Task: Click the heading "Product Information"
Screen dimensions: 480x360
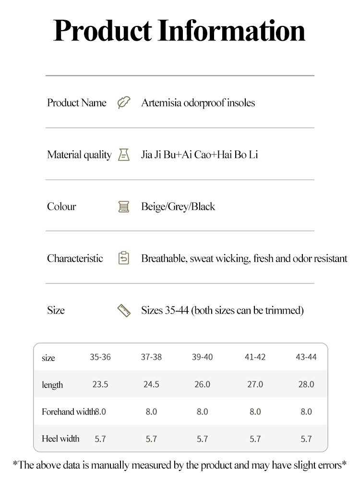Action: pyautogui.click(x=180, y=30)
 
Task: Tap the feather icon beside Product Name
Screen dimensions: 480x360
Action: pyautogui.click(x=124, y=103)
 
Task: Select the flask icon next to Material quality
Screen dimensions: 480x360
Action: pyautogui.click(x=124, y=155)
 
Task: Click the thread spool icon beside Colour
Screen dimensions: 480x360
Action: pyautogui.click(x=124, y=207)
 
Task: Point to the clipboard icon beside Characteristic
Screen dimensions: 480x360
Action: pyautogui.click(x=124, y=258)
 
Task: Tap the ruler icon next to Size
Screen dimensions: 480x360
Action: pyautogui.click(x=124, y=310)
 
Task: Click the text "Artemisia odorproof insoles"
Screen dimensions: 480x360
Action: pyautogui.click(x=198, y=103)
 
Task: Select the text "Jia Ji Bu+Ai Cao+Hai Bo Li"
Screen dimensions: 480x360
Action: pyautogui.click(x=199, y=155)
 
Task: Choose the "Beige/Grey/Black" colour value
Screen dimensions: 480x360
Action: pyautogui.click(x=178, y=207)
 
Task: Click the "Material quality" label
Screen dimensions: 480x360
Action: pyautogui.click(x=79, y=155)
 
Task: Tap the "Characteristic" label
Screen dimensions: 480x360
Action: pyautogui.click(x=75, y=258)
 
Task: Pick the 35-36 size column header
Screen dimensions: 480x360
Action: pyautogui.click(x=100, y=357)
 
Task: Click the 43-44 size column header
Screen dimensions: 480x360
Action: pyautogui.click(x=306, y=357)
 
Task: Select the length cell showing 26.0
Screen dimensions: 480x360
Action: pyautogui.click(x=202, y=384)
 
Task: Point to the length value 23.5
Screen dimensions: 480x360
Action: pyautogui.click(x=100, y=384)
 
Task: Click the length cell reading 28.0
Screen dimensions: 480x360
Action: pyautogui.click(x=306, y=384)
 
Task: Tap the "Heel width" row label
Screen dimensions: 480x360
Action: pyautogui.click(x=60, y=439)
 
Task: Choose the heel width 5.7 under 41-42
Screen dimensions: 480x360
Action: pyautogui.click(x=255, y=439)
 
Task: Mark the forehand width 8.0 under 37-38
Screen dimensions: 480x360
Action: pyautogui.click(x=151, y=412)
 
